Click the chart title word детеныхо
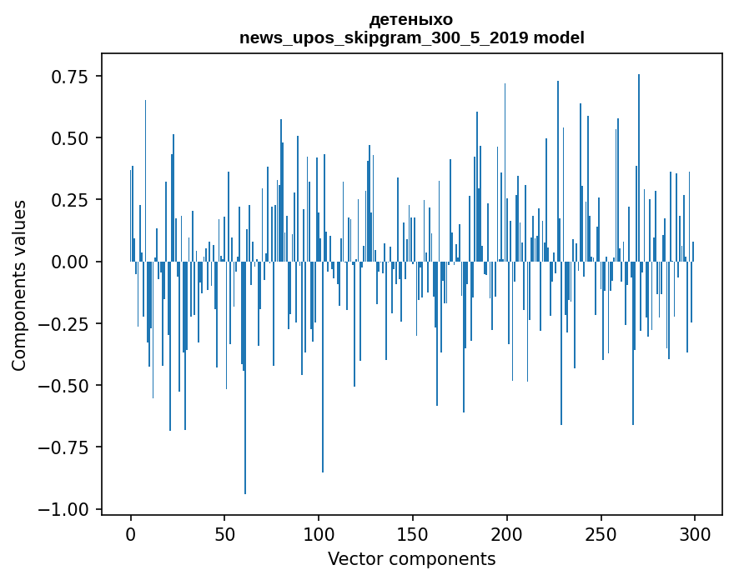click(x=411, y=19)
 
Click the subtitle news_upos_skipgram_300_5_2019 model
click(x=411, y=37)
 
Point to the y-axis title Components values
click(x=19, y=284)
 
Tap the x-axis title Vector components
click(x=411, y=558)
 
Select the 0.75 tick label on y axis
click(x=70, y=77)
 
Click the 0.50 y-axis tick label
click(x=70, y=138)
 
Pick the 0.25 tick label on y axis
click(x=70, y=200)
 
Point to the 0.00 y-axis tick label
click(x=70, y=262)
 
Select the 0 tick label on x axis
click(x=131, y=535)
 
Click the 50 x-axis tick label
click(x=224, y=535)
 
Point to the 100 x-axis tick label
click(x=319, y=535)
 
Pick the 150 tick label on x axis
click(x=413, y=535)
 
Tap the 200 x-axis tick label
click(x=507, y=535)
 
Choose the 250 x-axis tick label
click(x=601, y=535)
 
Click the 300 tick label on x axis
click(x=695, y=535)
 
